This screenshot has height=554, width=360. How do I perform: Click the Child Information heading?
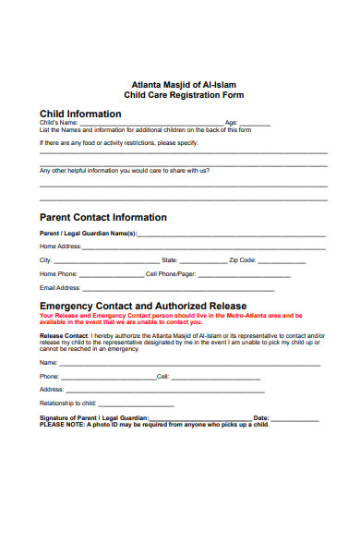coord(80,114)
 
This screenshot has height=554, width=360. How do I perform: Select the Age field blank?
coord(256,123)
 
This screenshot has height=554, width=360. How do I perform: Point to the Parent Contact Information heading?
coord(103,218)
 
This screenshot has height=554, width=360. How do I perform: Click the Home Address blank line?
coord(203,247)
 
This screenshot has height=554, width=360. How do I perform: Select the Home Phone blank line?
coord(111,275)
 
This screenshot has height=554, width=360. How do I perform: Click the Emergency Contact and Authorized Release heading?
coord(143,306)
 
